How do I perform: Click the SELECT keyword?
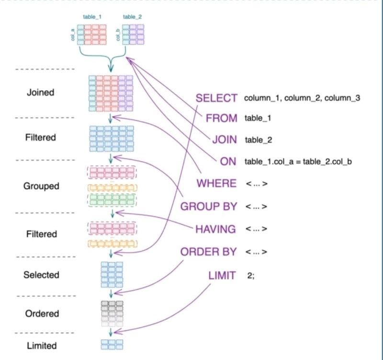click(x=216, y=98)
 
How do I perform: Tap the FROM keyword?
click(x=222, y=118)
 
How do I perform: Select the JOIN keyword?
click(x=225, y=139)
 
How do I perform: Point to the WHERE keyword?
click(x=217, y=183)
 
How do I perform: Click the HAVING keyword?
click(x=216, y=229)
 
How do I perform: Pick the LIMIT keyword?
click(x=222, y=275)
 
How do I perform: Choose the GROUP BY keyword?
click(x=209, y=207)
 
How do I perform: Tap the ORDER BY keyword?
click(x=209, y=252)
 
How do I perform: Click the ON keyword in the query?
click(x=228, y=162)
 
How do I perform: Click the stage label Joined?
click(x=41, y=93)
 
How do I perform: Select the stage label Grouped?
click(x=41, y=186)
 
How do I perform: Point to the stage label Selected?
click(x=41, y=275)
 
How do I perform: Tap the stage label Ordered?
click(x=42, y=314)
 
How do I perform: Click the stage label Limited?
click(x=42, y=346)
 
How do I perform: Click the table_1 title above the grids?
click(x=92, y=17)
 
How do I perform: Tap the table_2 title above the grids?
click(x=133, y=17)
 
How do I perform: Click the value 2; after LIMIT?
click(x=251, y=276)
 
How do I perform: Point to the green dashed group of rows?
click(x=112, y=200)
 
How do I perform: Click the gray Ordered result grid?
click(x=112, y=314)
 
